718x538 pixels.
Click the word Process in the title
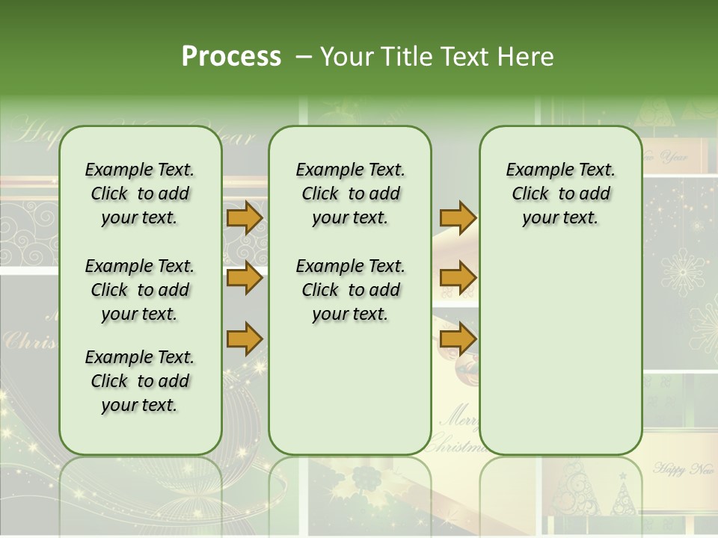tap(231, 57)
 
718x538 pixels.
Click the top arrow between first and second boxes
tap(245, 218)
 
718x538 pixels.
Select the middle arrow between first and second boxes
tap(245, 279)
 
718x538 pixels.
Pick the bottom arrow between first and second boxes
tap(245, 338)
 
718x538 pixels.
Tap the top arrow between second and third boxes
tap(458, 218)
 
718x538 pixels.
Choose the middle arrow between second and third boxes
tap(458, 279)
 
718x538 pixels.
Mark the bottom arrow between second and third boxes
tap(458, 338)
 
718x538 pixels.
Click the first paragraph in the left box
tap(139, 194)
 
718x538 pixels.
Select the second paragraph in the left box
tap(139, 290)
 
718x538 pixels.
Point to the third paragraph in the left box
tap(139, 381)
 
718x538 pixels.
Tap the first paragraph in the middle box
tap(350, 194)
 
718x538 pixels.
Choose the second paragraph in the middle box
tap(350, 290)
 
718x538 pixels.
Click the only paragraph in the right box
tap(560, 194)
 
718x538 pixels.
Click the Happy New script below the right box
tap(683, 469)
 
